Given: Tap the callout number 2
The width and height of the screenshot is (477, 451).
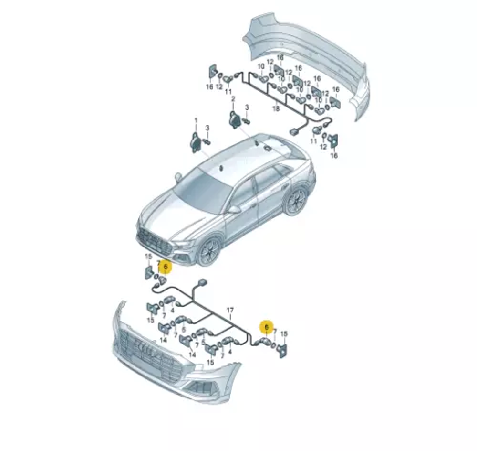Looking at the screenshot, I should (233, 99).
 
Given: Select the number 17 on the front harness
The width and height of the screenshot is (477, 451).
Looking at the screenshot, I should (230, 310).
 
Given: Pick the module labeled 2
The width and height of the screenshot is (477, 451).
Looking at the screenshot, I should (235, 119).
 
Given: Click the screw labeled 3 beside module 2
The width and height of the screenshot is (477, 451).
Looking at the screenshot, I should (246, 121).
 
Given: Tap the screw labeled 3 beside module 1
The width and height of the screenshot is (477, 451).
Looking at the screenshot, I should (207, 142).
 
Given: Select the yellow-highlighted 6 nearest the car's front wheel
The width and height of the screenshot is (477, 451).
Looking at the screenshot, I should (165, 267).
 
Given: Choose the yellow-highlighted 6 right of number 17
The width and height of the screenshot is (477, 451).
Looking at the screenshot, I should (267, 327).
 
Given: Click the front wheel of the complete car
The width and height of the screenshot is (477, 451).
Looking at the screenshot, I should (208, 251).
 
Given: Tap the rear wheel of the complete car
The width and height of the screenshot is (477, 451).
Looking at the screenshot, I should (296, 201).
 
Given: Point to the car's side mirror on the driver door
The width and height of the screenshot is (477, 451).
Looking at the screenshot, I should (234, 209).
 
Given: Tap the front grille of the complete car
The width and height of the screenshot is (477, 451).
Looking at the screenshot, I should (154, 243).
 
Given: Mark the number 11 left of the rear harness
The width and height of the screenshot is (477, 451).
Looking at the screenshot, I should (228, 91).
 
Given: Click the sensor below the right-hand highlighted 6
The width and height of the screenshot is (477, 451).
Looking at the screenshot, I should (264, 342).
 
